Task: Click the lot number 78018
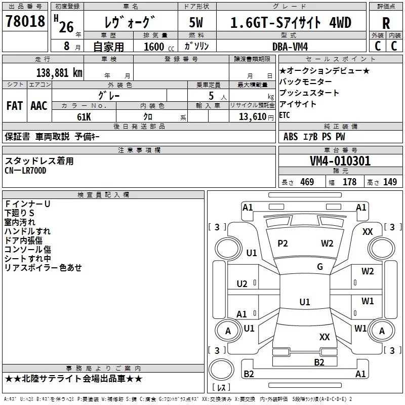click(25, 21)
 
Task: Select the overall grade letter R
click(386, 23)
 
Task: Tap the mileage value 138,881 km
click(59, 73)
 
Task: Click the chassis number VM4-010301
click(340, 161)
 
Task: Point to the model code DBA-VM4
click(290, 47)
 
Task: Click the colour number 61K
click(84, 117)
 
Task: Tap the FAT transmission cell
click(15, 106)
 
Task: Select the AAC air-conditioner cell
click(39, 106)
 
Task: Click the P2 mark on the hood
click(282, 244)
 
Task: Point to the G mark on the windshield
click(320, 266)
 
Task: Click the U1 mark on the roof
click(305, 302)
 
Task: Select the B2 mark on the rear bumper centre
click(319, 362)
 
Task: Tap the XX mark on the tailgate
click(325, 337)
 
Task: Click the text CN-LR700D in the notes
click(25, 171)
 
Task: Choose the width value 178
click(349, 182)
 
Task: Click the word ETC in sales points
click(285, 115)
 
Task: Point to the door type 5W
click(196, 22)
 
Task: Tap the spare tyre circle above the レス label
click(221, 370)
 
